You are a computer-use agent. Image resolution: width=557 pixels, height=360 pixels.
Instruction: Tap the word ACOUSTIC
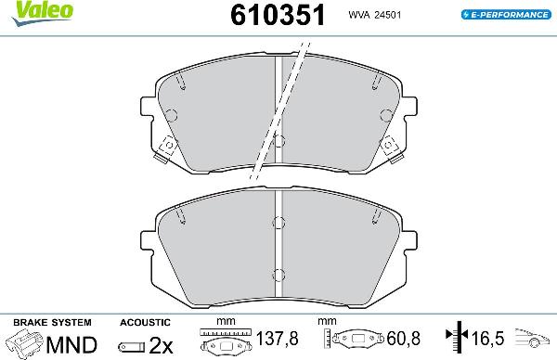(x=146, y=321)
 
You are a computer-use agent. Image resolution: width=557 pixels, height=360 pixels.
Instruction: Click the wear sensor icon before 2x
(x=131, y=346)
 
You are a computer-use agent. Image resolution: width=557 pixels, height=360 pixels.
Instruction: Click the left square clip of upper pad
(x=168, y=148)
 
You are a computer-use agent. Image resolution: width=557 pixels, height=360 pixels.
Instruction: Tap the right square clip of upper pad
(x=390, y=148)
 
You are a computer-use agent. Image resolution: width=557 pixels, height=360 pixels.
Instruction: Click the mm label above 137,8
(x=221, y=323)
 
